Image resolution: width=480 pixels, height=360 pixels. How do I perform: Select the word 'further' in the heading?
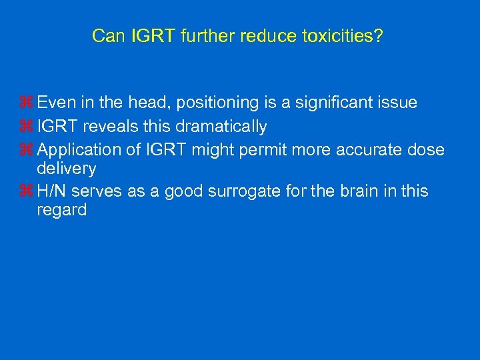(x=200, y=36)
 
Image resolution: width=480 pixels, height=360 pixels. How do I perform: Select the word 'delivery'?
(x=67, y=169)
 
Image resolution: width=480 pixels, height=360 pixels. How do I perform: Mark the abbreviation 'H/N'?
(x=53, y=192)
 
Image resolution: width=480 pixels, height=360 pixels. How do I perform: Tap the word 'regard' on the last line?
(x=63, y=211)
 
